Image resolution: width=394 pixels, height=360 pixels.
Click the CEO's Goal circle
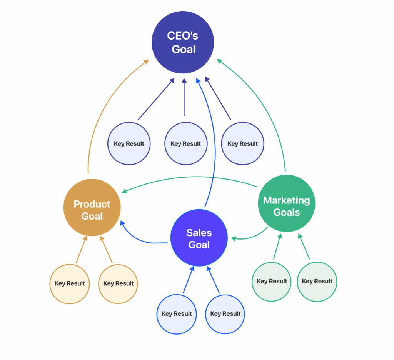(x=183, y=42)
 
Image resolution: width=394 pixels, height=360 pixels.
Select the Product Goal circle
(x=92, y=208)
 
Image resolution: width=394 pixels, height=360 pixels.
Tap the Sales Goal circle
(x=199, y=238)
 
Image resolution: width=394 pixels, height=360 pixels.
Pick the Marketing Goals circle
(x=286, y=203)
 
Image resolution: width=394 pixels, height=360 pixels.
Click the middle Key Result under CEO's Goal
(x=186, y=143)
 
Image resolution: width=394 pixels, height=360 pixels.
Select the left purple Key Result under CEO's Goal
(x=129, y=143)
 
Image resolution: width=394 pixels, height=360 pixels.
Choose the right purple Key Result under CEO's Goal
(x=242, y=143)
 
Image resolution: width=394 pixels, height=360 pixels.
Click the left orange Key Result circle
(x=70, y=284)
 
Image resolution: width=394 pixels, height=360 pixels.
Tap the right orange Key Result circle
(x=118, y=284)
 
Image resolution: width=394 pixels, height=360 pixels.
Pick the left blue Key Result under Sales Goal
(x=177, y=314)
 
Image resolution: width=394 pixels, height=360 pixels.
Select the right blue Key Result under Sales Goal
(x=225, y=314)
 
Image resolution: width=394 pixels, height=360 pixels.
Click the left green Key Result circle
(x=272, y=282)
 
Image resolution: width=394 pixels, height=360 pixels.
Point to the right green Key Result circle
(x=317, y=282)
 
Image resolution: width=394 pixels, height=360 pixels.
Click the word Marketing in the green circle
(x=286, y=200)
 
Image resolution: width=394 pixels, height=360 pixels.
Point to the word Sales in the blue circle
(x=199, y=233)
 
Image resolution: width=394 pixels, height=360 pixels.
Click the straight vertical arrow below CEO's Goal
(x=184, y=97)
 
